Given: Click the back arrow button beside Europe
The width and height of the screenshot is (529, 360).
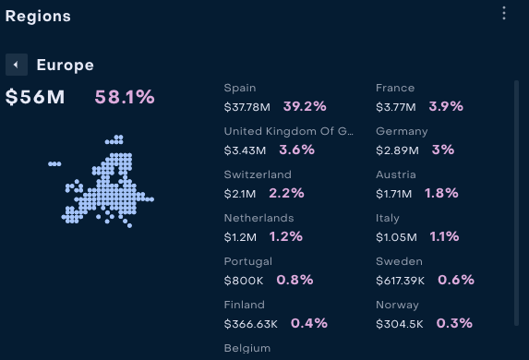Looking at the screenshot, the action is (x=17, y=65).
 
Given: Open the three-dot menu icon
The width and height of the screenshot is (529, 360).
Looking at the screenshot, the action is (x=504, y=13).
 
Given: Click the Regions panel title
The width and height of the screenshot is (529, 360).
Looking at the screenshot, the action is (x=38, y=17).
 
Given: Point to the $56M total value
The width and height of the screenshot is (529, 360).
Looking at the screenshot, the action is (x=35, y=97).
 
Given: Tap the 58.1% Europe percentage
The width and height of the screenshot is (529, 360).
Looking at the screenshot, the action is (x=125, y=97).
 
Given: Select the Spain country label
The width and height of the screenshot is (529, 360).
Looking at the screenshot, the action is (x=240, y=88).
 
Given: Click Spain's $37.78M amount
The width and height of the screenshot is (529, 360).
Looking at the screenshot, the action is (x=246, y=107).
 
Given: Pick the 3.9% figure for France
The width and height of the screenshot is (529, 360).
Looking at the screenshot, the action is (x=446, y=107).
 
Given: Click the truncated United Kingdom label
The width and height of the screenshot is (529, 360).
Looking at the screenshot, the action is (x=289, y=131).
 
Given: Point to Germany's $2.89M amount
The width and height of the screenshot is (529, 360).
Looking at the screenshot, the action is (x=397, y=150).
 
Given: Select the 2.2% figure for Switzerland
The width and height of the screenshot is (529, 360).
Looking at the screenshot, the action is (x=286, y=193).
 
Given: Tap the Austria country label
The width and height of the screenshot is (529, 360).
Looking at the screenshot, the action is (x=396, y=174).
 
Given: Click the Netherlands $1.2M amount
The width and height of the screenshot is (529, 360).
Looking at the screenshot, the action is (x=240, y=237).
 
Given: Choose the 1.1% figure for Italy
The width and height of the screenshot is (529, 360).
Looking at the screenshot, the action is (x=444, y=236).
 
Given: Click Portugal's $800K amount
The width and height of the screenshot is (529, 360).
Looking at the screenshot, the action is (x=244, y=281).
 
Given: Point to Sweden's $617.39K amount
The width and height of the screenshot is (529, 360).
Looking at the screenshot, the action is (x=400, y=281).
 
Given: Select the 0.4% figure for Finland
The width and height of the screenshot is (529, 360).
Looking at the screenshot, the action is (x=309, y=323).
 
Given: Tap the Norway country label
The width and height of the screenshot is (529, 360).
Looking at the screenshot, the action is (x=397, y=305).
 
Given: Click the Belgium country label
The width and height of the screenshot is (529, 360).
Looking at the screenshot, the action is (x=247, y=348).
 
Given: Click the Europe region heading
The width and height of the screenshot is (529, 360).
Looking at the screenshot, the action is (x=66, y=65).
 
